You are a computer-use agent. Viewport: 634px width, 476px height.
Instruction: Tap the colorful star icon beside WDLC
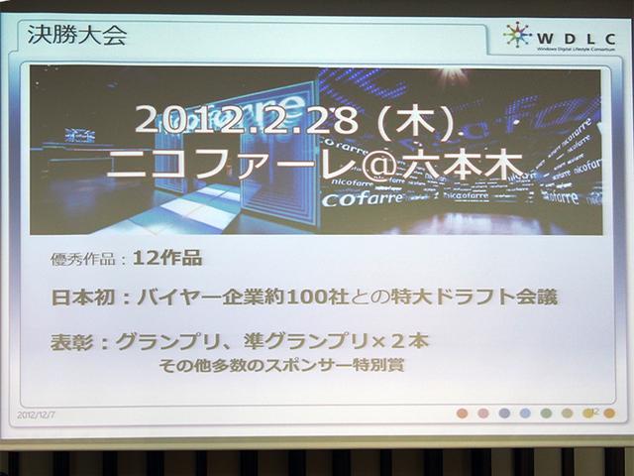517,35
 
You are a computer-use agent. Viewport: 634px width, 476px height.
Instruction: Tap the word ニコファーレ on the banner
213,164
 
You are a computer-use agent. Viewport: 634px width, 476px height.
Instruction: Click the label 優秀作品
83,260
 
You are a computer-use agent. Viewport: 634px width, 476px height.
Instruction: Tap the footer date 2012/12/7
37,415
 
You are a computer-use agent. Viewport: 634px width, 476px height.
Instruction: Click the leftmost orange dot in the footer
463,413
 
